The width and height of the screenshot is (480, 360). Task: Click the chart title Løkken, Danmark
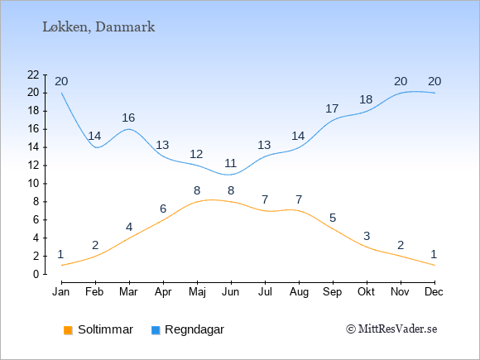(98, 27)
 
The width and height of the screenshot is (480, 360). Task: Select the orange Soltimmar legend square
(68, 330)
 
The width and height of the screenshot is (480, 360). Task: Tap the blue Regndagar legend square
(156, 330)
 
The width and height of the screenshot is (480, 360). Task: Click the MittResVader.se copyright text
(391, 329)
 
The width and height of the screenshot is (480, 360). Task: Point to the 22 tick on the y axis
(33, 74)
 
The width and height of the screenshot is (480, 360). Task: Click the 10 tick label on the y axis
(33, 184)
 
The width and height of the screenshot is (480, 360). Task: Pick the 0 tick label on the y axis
(36, 274)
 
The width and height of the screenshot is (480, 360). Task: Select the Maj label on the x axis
(197, 292)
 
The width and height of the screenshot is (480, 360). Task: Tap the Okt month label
(366, 292)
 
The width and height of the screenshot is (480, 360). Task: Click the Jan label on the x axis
(61, 292)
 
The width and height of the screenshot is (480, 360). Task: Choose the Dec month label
(434, 292)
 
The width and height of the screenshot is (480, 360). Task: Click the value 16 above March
(128, 118)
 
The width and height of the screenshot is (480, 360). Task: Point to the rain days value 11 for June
(231, 163)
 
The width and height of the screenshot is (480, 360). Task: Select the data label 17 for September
(332, 108)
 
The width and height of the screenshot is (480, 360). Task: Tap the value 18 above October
(366, 99)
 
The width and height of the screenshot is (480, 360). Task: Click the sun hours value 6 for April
(163, 209)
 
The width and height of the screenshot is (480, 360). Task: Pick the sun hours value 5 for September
(333, 218)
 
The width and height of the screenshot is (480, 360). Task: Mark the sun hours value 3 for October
(367, 236)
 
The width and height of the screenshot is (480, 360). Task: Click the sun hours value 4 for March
(129, 227)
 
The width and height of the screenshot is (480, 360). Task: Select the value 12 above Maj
(196, 154)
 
